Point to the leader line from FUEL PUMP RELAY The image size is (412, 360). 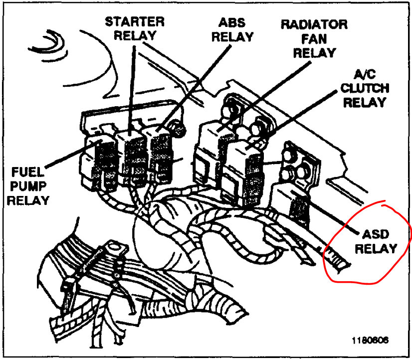coord(65,160)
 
